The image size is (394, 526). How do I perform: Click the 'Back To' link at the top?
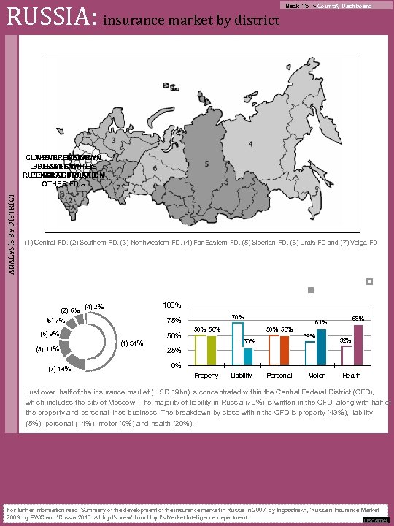[297, 6]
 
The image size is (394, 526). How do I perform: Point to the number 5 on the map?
[207, 164]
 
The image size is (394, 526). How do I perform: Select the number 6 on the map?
[155, 167]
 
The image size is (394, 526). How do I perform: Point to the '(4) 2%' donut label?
[95, 306]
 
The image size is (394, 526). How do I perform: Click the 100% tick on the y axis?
[171, 305]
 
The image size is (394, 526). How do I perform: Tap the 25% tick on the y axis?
[174, 351]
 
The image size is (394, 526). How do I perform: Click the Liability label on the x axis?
[243, 376]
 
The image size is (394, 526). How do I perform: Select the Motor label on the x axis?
[316, 376]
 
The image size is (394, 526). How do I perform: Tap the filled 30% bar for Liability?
[248, 357]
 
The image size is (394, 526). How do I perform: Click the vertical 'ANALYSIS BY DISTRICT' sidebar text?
[9, 211]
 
